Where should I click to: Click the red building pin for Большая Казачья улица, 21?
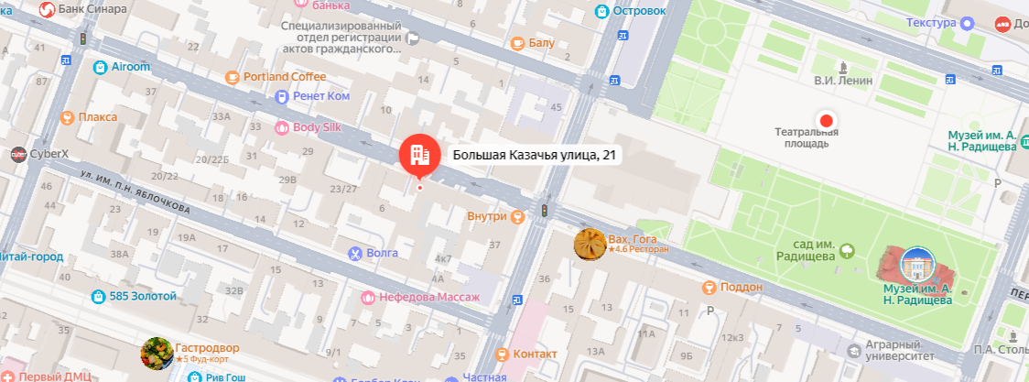pos(420,155)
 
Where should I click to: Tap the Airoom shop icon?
pos(100,66)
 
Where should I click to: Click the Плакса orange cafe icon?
pos(67,117)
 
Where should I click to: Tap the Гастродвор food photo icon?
pos(157,353)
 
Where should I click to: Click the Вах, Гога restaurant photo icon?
pos(590,245)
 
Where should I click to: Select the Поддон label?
pos(742,288)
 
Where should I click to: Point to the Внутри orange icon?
pos(517,216)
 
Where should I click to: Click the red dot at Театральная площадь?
pos(827,120)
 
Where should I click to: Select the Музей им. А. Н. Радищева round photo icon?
pos(918,265)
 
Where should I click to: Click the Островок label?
pos(638,12)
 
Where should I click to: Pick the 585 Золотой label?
pos(143,296)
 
